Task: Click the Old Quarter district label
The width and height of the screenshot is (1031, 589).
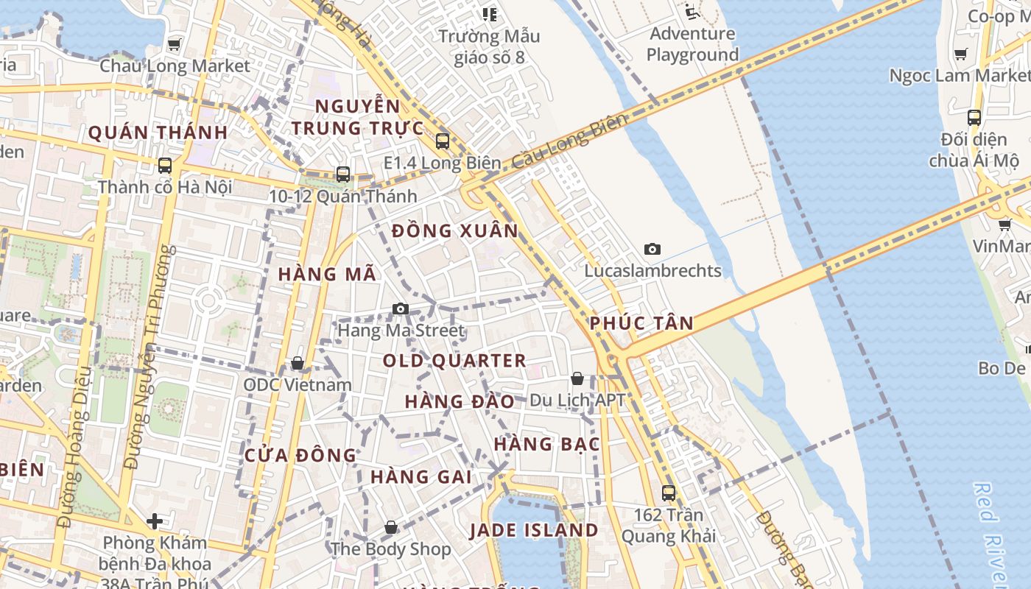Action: (454, 361)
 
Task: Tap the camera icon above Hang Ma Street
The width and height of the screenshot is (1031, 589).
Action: (400, 308)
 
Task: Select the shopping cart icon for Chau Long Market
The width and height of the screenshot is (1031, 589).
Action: (174, 44)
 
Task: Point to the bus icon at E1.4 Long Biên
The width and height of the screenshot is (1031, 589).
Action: (442, 141)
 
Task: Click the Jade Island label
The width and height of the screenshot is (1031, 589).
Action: (534, 530)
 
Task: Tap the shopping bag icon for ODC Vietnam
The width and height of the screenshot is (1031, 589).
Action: (297, 363)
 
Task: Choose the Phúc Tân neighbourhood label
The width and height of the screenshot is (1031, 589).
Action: (641, 322)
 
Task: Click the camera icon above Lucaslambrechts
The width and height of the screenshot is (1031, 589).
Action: (652, 249)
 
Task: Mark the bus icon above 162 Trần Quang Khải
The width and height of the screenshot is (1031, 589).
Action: (668, 493)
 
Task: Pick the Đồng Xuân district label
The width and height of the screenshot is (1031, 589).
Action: (455, 230)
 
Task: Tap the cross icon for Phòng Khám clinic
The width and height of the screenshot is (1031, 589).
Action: (154, 521)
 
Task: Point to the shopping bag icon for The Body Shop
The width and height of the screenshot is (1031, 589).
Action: (391, 527)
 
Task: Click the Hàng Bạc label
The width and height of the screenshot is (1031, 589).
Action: (546, 444)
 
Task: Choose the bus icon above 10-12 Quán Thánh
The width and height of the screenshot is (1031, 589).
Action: (342, 174)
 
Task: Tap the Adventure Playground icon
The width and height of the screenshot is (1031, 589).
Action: (691, 11)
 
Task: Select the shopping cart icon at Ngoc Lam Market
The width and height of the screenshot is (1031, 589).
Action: (960, 54)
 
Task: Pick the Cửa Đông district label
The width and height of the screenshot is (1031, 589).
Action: (300, 455)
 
